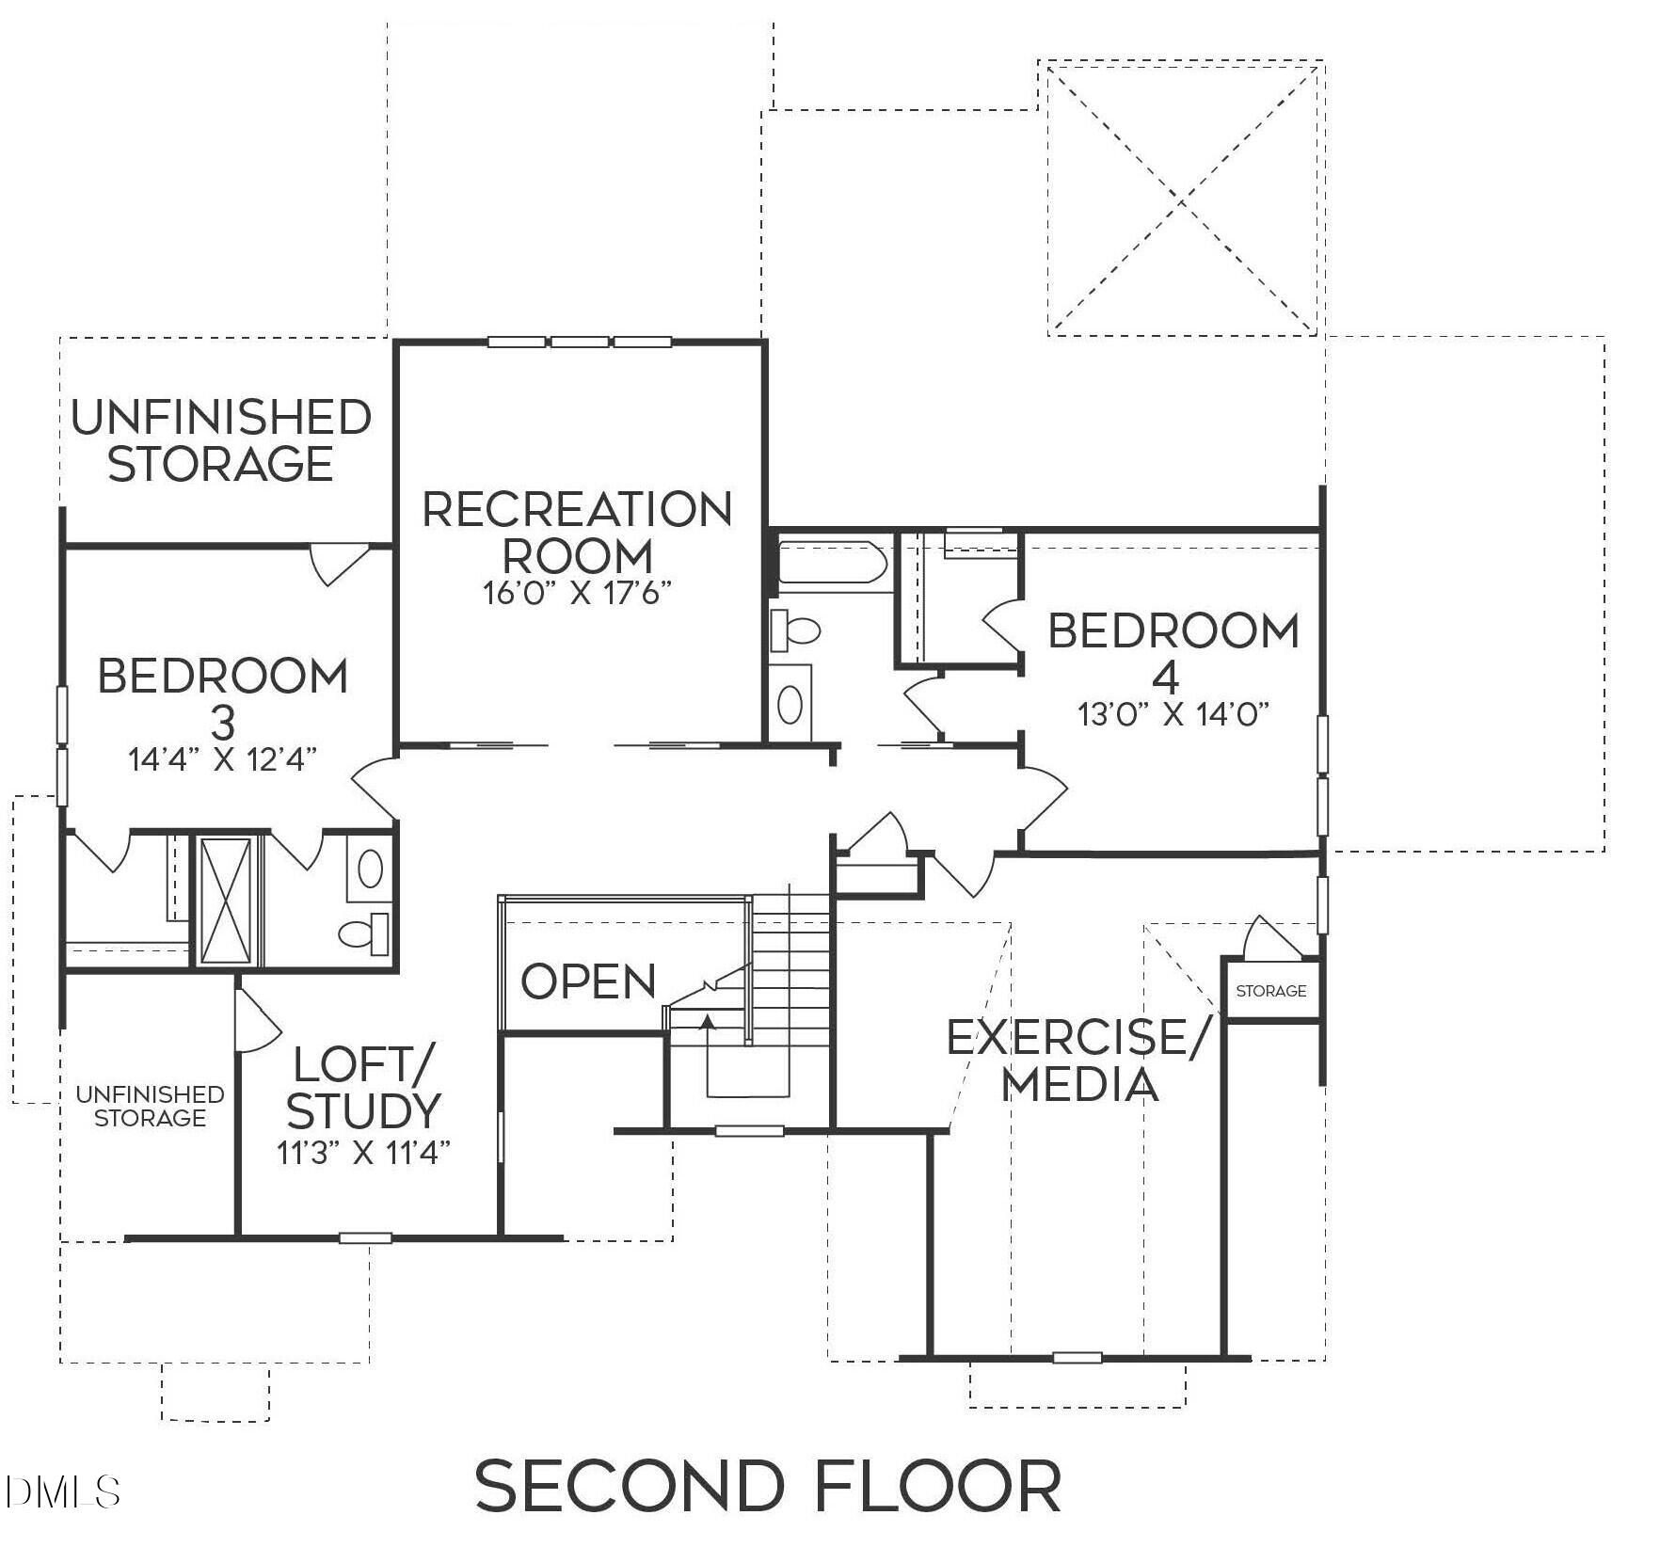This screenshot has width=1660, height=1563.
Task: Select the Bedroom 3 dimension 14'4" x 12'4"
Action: click(222, 758)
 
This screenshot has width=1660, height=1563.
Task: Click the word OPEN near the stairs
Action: click(588, 981)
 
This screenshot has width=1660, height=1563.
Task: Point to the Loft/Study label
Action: click(363, 1088)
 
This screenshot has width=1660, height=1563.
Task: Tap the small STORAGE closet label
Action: click(1270, 991)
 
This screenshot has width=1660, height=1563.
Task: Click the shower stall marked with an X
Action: click(227, 901)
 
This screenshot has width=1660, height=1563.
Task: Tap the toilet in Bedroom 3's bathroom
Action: click(364, 932)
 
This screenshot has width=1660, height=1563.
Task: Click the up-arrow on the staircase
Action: click(708, 1021)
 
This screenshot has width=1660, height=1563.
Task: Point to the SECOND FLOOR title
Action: click(769, 1486)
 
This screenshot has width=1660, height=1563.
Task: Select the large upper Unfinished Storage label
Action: click(222, 440)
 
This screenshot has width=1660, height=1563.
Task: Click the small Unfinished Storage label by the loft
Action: click(150, 1106)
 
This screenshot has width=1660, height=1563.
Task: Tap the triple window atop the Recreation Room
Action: click(579, 342)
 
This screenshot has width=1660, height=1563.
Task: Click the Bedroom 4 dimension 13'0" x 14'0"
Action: click(1173, 713)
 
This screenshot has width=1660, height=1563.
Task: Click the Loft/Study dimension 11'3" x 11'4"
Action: click(363, 1153)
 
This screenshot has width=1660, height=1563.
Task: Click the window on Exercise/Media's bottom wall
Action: click(1077, 1357)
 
